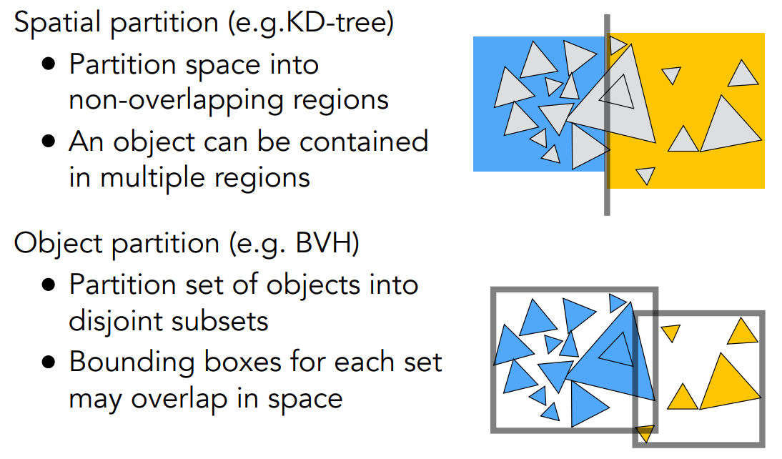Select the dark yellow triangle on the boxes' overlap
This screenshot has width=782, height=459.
(x=645, y=433)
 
